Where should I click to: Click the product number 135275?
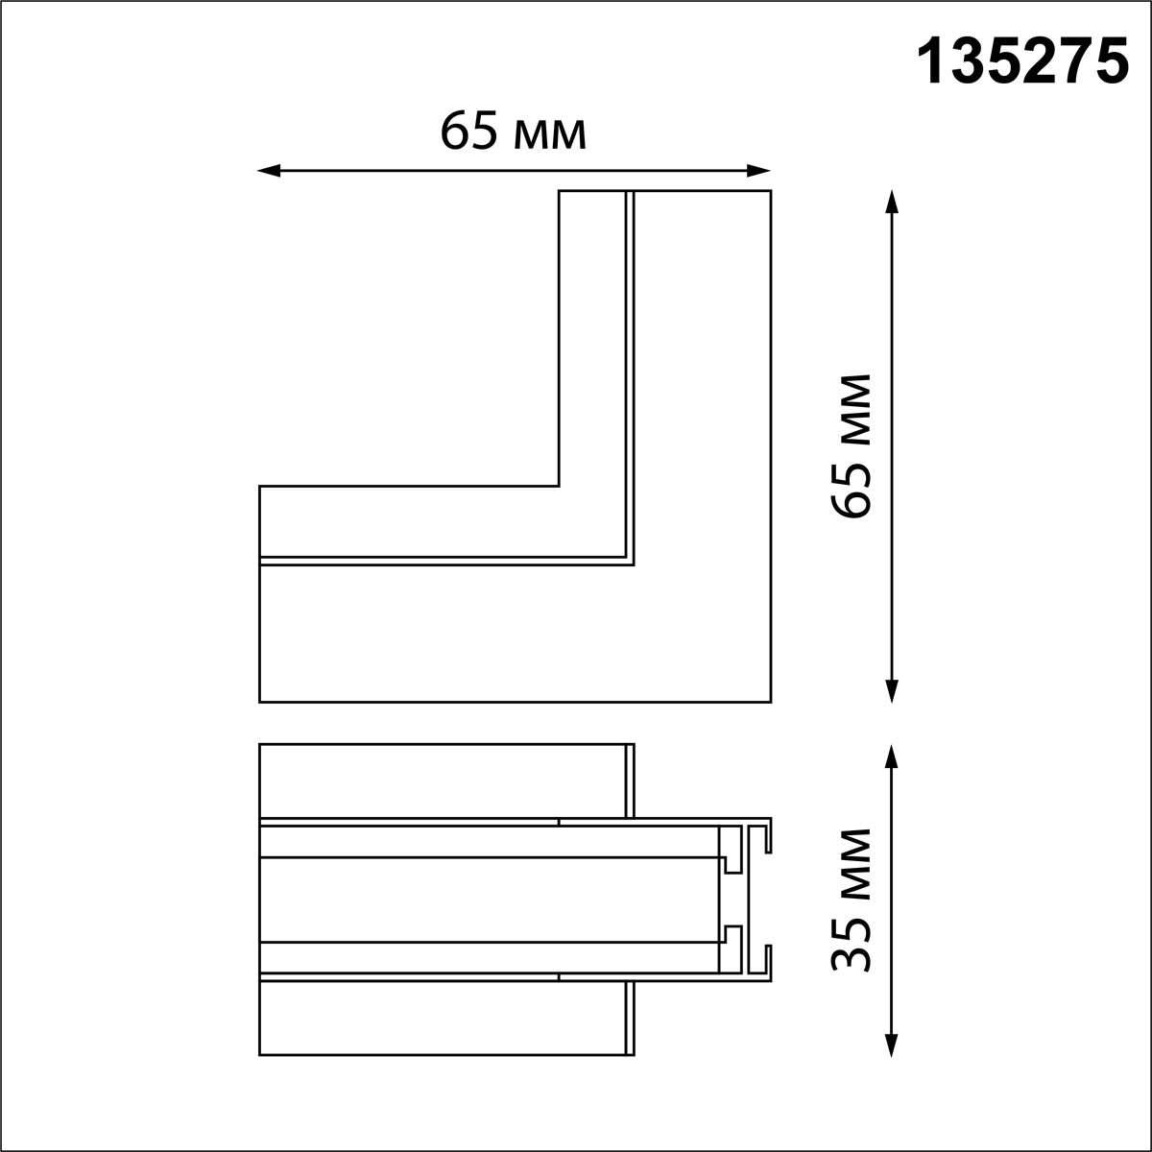point(1023,64)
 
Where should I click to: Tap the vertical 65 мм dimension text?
point(852,446)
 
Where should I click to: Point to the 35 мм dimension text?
point(852,900)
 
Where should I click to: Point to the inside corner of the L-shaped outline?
point(559,486)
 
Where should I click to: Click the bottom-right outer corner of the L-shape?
point(770,701)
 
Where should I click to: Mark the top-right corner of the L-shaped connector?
point(770,192)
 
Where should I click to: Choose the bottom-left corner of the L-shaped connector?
point(260,701)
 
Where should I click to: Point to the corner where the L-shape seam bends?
point(630,561)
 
